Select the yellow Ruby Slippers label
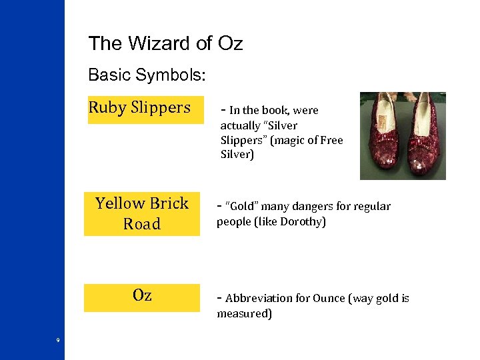[x=140, y=108]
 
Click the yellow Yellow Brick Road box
[x=141, y=213]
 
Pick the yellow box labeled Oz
[x=141, y=297]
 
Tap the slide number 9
[x=58, y=341]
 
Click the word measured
[x=244, y=314]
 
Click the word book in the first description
[x=274, y=111]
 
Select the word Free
[x=331, y=140]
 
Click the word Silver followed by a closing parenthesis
[x=237, y=155]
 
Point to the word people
[x=232, y=222]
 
